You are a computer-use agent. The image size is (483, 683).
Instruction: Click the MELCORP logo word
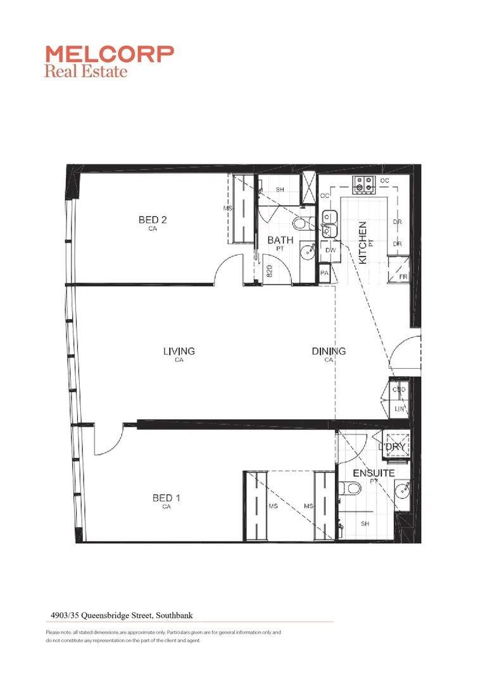point(109,54)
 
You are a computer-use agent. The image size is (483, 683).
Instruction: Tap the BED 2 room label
point(153,220)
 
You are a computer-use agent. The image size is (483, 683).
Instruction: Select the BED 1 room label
point(166,498)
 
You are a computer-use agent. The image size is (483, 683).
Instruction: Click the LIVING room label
point(179,351)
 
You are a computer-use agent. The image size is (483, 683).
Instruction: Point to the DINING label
point(329,351)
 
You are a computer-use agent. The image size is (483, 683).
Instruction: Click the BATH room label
point(280,240)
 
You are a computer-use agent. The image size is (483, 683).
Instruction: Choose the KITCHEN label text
point(363,242)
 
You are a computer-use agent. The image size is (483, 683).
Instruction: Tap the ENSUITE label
point(373,473)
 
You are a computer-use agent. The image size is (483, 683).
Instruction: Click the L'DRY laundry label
point(391,447)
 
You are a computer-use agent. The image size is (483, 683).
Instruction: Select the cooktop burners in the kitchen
point(364,184)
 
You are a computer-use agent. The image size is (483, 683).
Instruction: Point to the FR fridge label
point(402,277)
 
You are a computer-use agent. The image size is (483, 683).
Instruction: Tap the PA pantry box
point(325,273)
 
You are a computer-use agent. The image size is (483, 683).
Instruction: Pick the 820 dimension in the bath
point(269,271)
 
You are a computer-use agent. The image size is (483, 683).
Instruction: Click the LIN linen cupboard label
point(399,410)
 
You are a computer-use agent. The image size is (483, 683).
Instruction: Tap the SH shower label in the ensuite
point(365,524)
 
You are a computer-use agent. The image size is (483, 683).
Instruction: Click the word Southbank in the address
point(180,613)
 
